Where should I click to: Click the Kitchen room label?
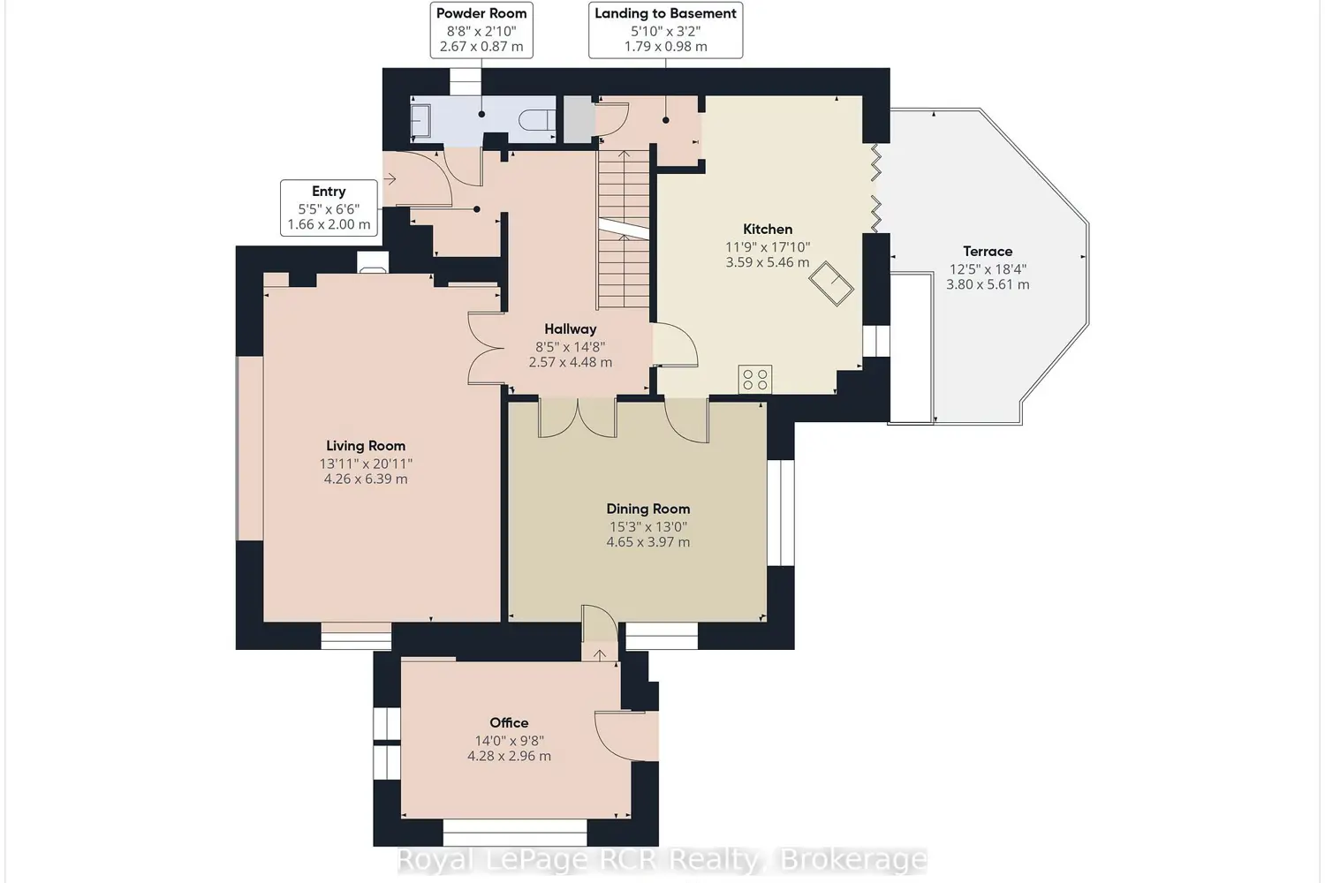[x=768, y=229]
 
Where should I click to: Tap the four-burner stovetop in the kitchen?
[x=754, y=379]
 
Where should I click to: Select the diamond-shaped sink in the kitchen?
[x=831, y=284]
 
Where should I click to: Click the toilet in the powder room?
[x=537, y=120]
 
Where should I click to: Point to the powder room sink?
[x=420, y=120]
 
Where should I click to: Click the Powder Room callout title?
[x=481, y=13]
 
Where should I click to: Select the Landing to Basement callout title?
[x=665, y=13]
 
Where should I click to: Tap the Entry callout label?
[x=329, y=192]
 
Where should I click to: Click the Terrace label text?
[x=988, y=252]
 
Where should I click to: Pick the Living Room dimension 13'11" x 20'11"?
[x=366, y=463]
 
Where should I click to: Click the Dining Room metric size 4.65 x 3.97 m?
[x=647, y=542]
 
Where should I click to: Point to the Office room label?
[x=509, y=722]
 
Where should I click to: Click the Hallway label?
[x=571, y=328]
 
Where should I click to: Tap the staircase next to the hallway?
[x=623, y=230]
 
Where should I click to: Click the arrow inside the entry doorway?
[x=390, y=178]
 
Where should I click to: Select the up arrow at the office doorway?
[x=600, y=654]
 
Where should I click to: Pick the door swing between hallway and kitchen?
[x=676, y=344]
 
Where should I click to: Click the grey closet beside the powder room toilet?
[x=578, y=119]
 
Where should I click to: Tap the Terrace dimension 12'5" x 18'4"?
[x=988, y=269]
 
